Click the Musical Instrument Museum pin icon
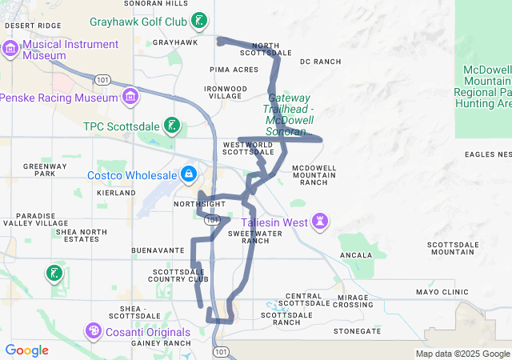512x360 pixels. coord(10,50)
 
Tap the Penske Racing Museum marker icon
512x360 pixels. coord(130,98)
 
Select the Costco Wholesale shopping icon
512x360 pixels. coord(188,174)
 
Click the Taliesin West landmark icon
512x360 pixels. coord(320,221)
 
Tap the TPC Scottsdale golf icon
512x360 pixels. coord(171,125)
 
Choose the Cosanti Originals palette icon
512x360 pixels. coord(94,331)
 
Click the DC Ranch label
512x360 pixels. coord(320,62)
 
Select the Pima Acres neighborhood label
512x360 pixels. coord(234,70)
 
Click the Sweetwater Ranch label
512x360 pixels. coord(249,237)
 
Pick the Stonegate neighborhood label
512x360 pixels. coord(357,330)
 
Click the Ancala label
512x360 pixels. coord(356,255)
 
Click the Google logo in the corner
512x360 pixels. coord(26,350)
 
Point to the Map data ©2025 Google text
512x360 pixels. coord(462,354)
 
